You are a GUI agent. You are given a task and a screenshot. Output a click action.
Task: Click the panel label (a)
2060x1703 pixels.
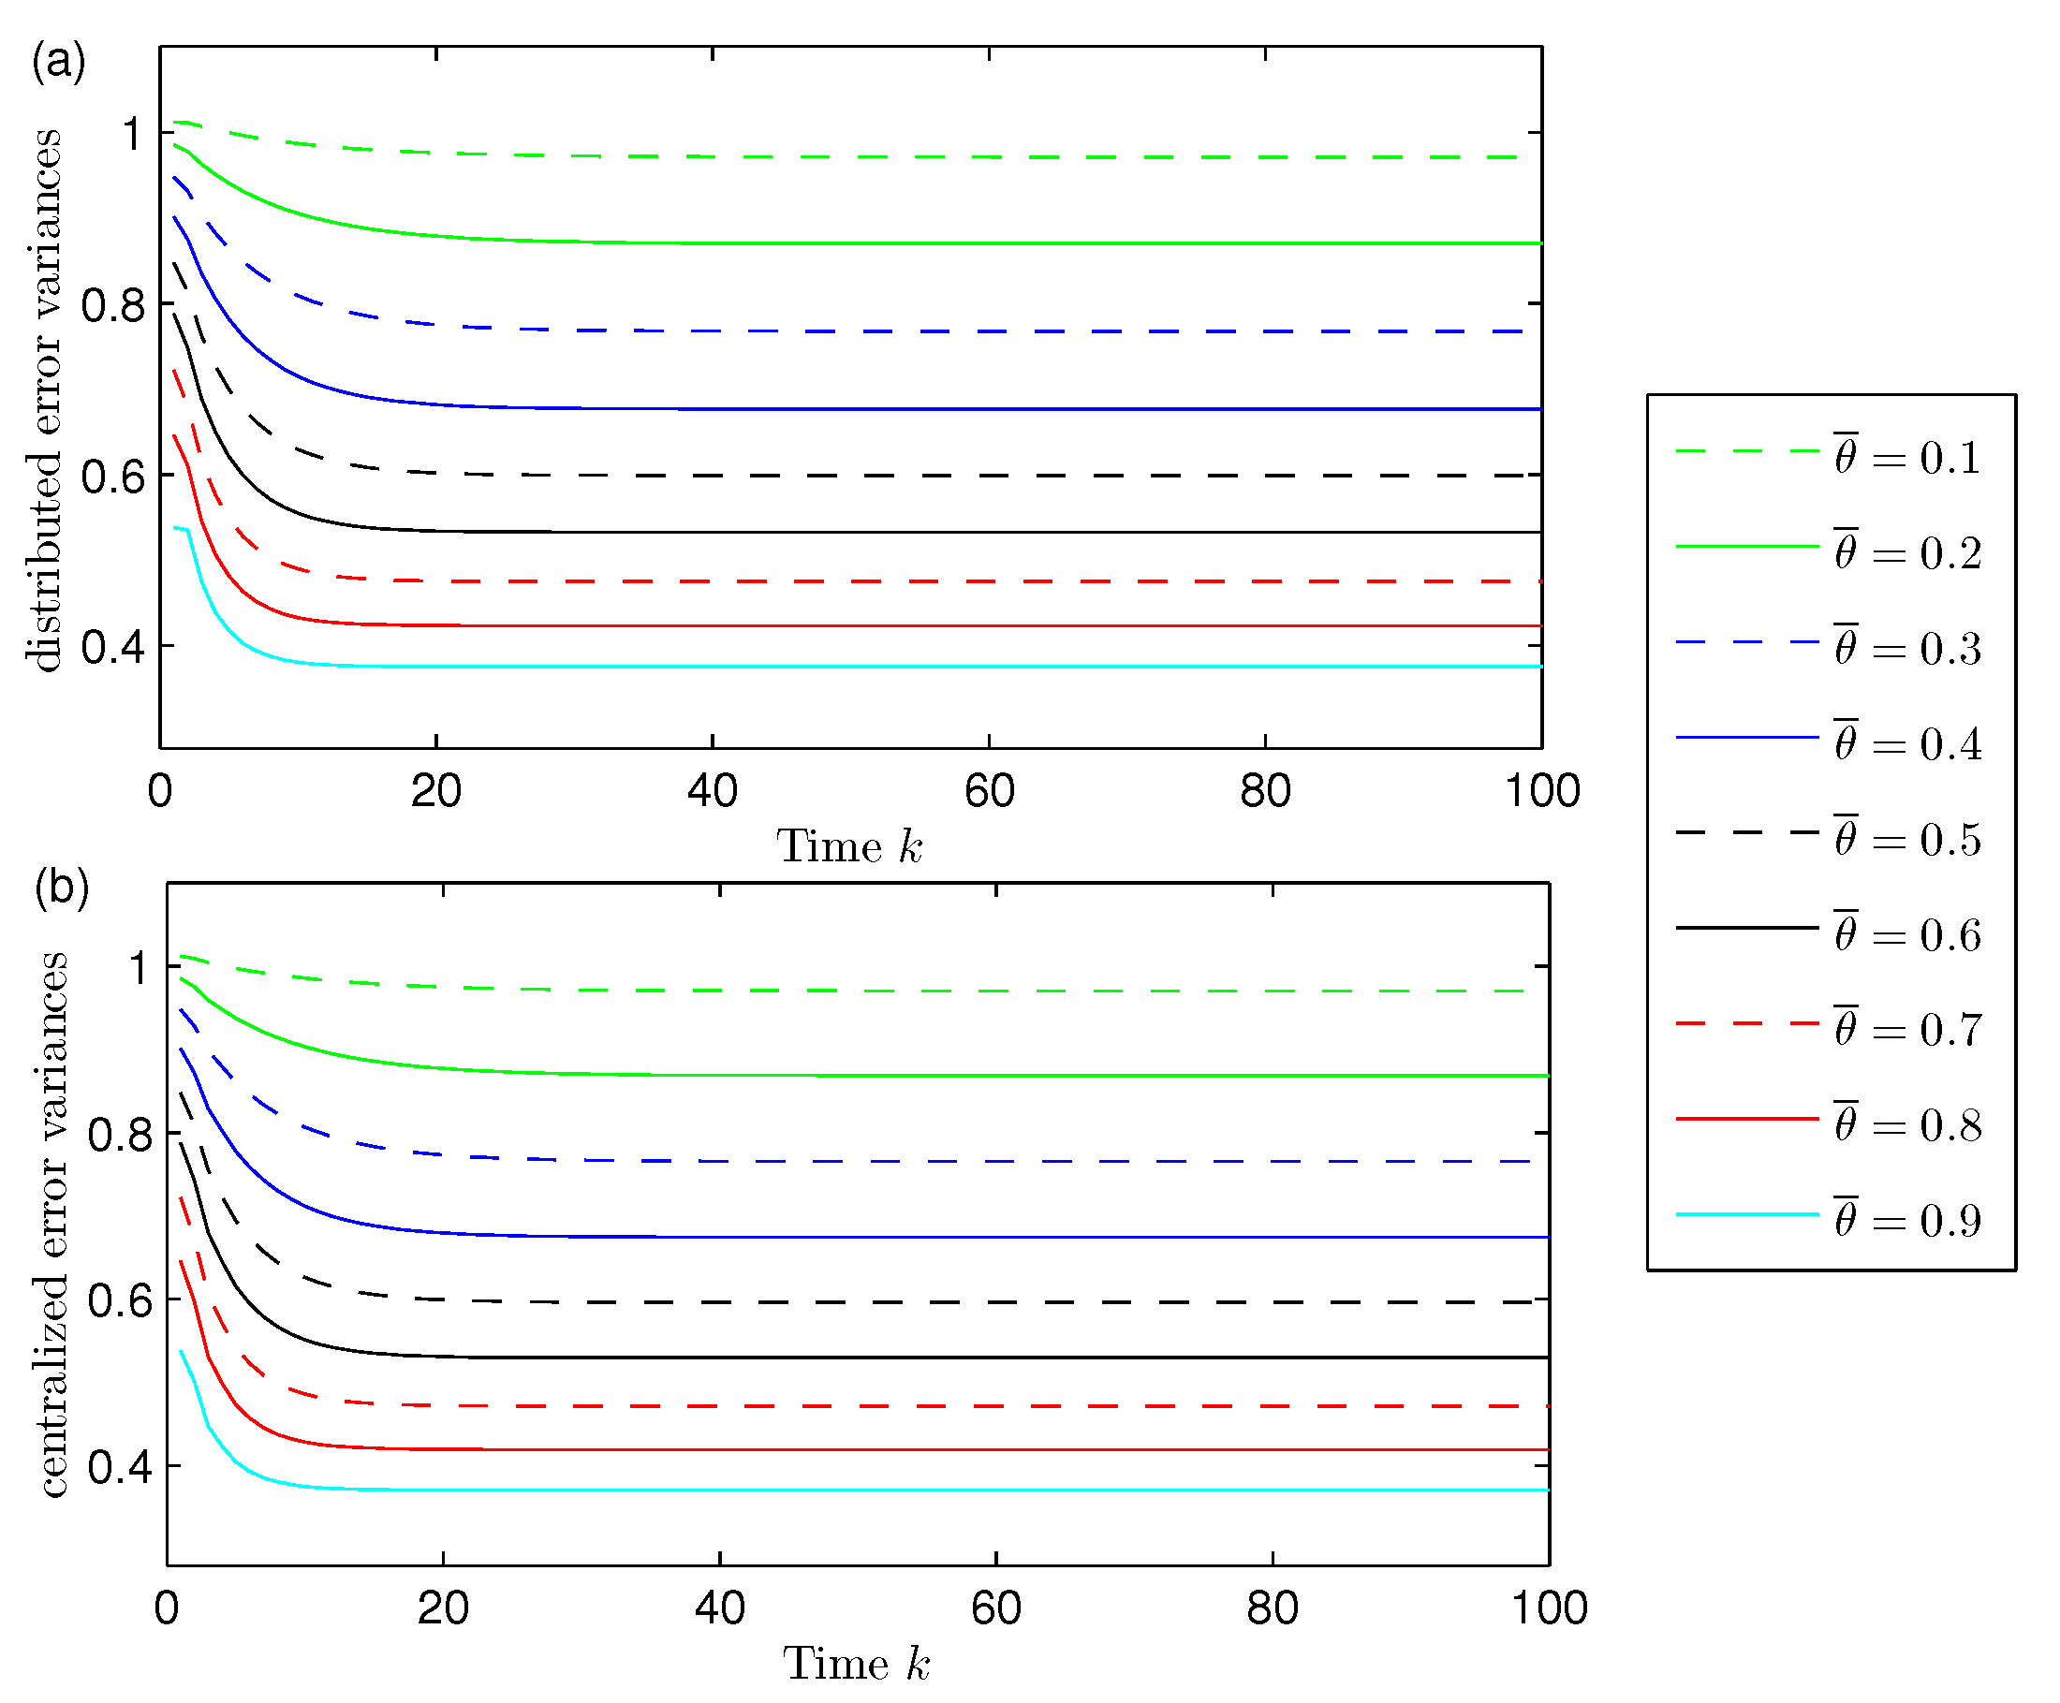click(x=58, y=62)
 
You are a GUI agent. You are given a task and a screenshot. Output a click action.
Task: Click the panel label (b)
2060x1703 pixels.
click(x=61, y=888)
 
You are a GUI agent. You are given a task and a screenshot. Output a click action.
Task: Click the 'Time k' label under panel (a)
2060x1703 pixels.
click(x=849, y=846)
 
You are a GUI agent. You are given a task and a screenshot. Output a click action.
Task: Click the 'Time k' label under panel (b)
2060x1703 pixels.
click(x=856, y=1664)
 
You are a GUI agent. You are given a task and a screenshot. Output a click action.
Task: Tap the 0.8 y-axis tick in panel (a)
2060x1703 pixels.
click(x=112, y=306)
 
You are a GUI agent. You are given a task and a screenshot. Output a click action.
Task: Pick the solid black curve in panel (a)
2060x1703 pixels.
click(x=883, y=532)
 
